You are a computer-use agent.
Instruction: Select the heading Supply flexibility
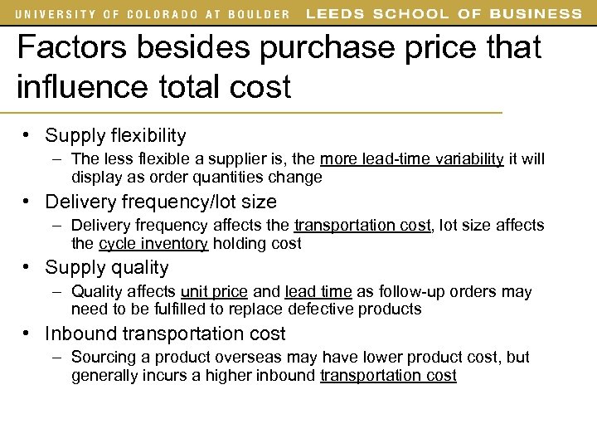(115, 135)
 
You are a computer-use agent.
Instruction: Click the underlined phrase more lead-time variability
(411, 159)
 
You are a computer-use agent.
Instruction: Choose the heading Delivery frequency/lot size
(161, 202)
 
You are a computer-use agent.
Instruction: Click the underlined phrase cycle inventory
(153, 243)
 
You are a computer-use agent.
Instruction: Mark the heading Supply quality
(106, 268)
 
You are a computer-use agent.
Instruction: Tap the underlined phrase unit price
(214, 292)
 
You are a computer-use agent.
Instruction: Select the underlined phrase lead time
(318, 292)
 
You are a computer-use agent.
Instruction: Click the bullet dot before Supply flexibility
(27, 134)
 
